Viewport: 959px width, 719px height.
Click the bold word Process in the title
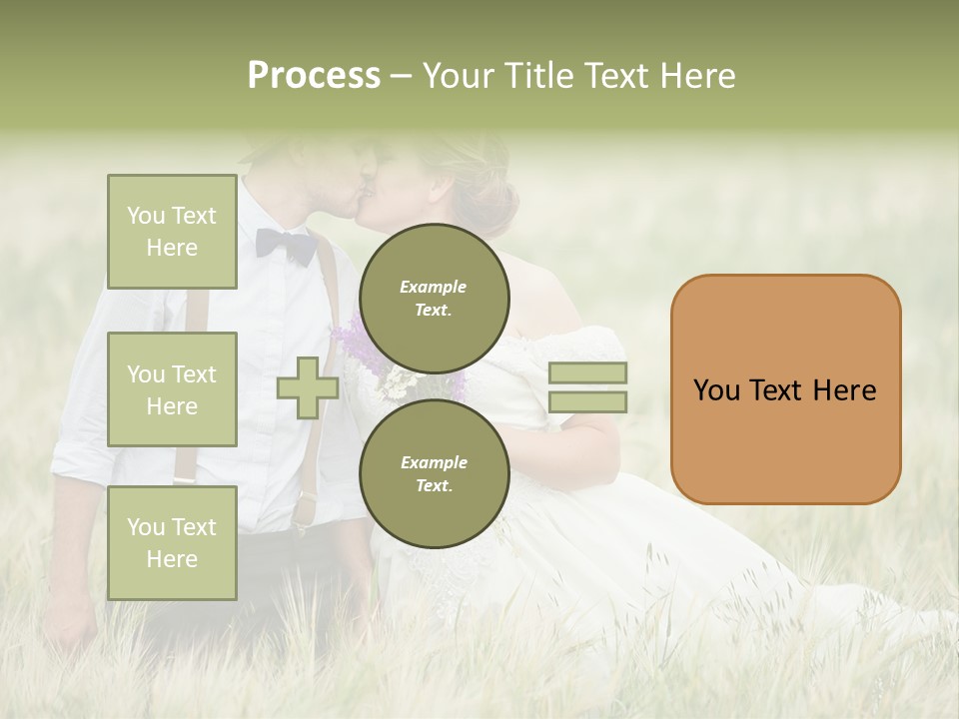click(314, 76)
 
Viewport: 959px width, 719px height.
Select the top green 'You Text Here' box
click(172, 232)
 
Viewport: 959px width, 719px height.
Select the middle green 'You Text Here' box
click(172, 389)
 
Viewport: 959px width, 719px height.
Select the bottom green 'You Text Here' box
click(172, 542)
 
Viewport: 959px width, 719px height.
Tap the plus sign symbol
click(307, 387)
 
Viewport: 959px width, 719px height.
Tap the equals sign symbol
click(587, 387)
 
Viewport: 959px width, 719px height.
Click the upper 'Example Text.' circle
click(434, 298)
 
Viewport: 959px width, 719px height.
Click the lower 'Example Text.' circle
click(434, 473)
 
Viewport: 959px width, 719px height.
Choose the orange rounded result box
click(785, 389)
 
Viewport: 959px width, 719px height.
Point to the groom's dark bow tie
click(286, 245)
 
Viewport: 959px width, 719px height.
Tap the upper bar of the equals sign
click(587, 372)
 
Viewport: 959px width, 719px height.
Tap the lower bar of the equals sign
click(587, 401)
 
